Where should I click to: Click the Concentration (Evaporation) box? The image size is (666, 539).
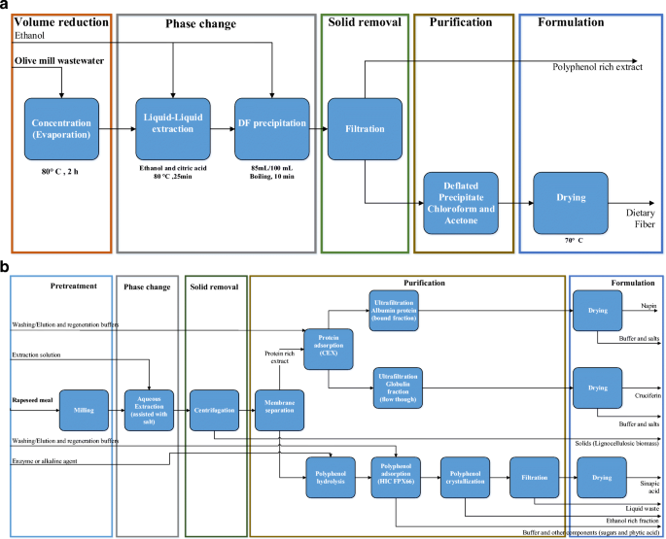[x=62, y=129]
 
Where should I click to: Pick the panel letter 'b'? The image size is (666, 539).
[x=6, y=264]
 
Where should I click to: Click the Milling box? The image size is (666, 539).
[x=82, y=408]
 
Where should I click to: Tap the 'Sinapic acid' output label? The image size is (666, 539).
[x=645, y=484]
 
